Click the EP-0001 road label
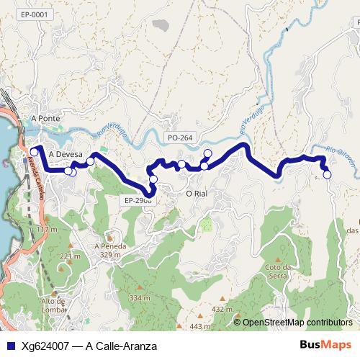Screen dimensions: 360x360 pyautogui.click(x=34, y=14)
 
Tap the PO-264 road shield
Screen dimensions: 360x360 pyautogui.click(x=179, y=138)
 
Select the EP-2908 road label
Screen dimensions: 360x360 pyautogui.click(x=137, y=201)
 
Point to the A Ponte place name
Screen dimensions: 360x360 pyautogui.click(x=45, y=118)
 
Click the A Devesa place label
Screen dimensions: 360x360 pyautogui.click(x=66, y=154)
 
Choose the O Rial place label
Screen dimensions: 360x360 pyautogui.click(x=197, y=194)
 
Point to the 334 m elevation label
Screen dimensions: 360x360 pyautogui.click(x=139, y=297)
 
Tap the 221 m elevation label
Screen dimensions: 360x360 pyautogui.click(x=71, y=256)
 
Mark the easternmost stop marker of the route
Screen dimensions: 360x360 pyautogui.click(x=327, y=174)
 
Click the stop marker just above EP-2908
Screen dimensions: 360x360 pyautogui.click(x=153, y=179)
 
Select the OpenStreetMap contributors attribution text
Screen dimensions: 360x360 pyautogui.click(x=297, y=323)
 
